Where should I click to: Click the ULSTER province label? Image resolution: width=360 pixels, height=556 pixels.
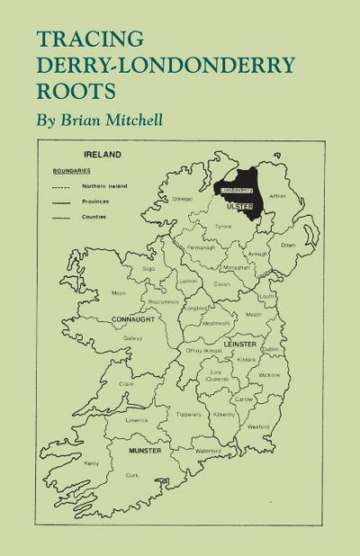[x=238, y=206]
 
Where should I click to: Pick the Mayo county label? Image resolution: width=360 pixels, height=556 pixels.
[x=117, y=292]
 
